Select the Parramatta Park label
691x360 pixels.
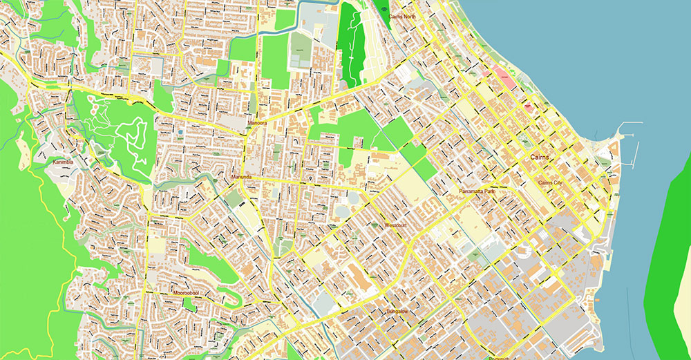click(x=477, y=191)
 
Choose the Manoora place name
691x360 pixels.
click(x=258, y=124)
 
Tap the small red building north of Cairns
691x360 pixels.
click(x=529, y=107)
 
